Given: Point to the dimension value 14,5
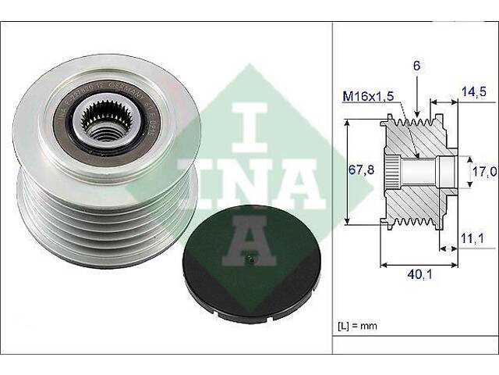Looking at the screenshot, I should tap(469, 91).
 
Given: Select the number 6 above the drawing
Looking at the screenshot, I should tap(418, 68).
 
